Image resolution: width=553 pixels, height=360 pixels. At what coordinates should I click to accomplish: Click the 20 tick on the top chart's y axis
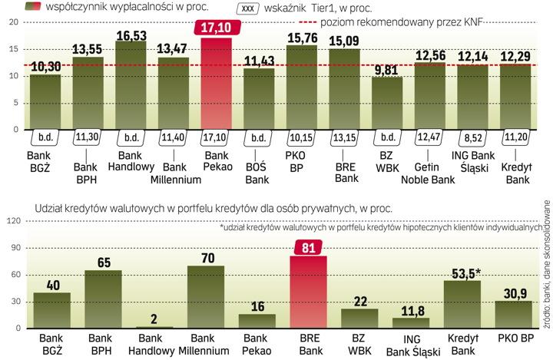coord(13,22)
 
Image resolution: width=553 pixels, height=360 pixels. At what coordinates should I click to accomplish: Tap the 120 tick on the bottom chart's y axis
coord(12,221)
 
